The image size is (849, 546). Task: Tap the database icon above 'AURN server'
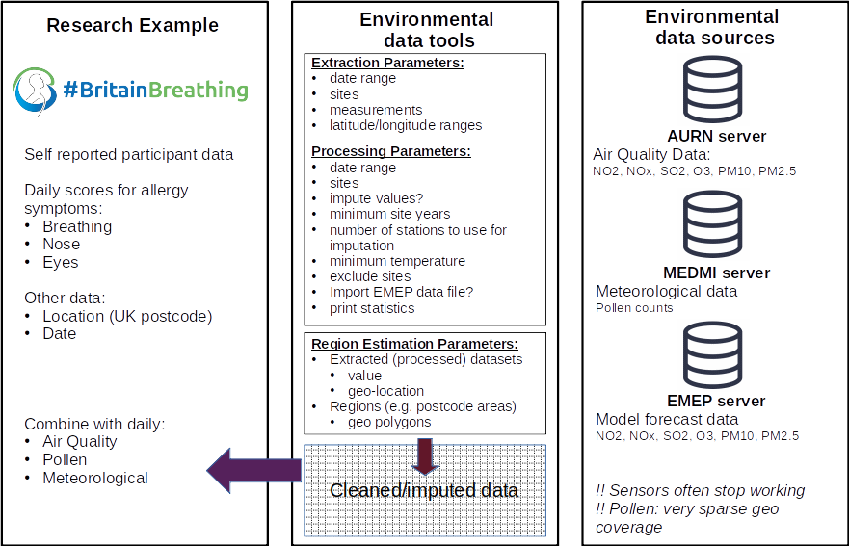[714, 88]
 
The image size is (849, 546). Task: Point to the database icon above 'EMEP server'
[714, 353]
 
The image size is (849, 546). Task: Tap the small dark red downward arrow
[425, 455]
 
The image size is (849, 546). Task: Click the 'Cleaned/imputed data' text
[424, 491]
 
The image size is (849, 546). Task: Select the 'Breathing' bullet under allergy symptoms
[77, 227]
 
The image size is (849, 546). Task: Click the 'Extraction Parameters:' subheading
[388, 63]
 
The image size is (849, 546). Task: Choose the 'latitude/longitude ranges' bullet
[406, 125]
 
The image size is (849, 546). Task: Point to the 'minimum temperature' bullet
[397, 261]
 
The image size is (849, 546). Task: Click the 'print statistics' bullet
[372, 308]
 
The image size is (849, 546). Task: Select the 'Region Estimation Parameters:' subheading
[415, 344]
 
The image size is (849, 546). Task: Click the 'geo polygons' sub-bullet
[389, 422]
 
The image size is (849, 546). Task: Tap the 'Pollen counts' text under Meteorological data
[634, 308]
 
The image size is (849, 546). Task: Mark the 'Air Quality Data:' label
[651, 155]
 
